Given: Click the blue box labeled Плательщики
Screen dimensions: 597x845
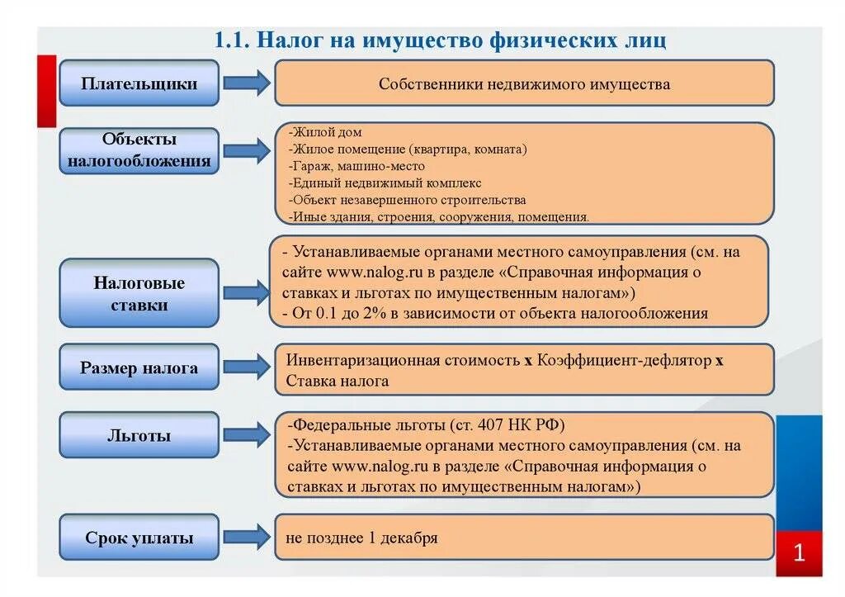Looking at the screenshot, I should [139, 83].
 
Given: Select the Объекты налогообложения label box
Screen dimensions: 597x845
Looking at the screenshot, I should [139, 150].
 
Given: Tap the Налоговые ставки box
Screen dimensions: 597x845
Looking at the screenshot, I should [139, 294].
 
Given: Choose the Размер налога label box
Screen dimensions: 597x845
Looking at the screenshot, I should [139, 368].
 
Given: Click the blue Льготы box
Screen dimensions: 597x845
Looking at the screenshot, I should [139, 435].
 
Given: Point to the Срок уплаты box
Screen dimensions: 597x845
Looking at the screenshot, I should [139, 538].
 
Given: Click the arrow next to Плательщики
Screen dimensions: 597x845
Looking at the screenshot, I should [246, 83].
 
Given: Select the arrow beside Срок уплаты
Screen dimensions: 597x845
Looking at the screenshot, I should [246, 537].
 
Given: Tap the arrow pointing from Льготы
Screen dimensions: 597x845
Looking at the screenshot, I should [246, 435].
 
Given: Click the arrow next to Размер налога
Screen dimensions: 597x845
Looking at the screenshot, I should [246, 367].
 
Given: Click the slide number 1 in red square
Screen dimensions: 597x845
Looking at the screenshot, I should [799, 553].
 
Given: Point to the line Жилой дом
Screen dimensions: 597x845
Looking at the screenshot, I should [327, 132].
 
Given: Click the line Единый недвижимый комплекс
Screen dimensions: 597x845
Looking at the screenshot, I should [386, 183].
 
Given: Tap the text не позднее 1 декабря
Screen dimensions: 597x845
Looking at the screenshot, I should [361, 538].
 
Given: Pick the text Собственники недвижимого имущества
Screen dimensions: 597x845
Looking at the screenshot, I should [524, 84].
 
